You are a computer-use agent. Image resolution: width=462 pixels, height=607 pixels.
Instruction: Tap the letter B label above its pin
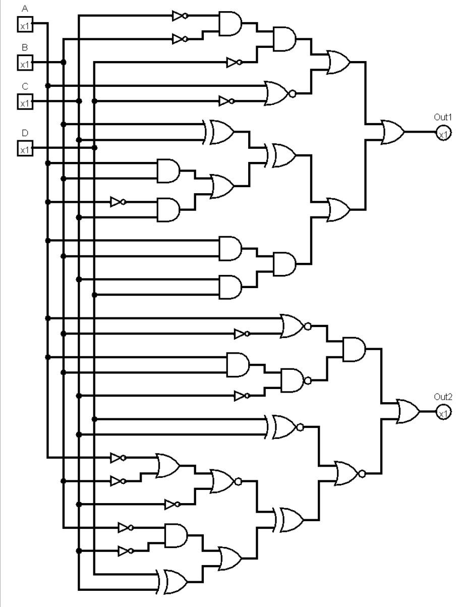click(x=25, y=47)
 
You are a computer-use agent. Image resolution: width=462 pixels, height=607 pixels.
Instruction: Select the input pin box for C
click(x=25, y=101)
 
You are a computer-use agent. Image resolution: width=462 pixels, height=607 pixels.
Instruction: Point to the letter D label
click(x=25, y=133)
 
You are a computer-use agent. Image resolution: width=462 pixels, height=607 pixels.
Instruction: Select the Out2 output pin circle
click(x=443, y=412)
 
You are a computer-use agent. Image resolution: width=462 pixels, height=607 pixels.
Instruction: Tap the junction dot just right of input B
click(x=63, y=63)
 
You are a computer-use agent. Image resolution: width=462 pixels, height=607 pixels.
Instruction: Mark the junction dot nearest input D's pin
click(x=95, y=148)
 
